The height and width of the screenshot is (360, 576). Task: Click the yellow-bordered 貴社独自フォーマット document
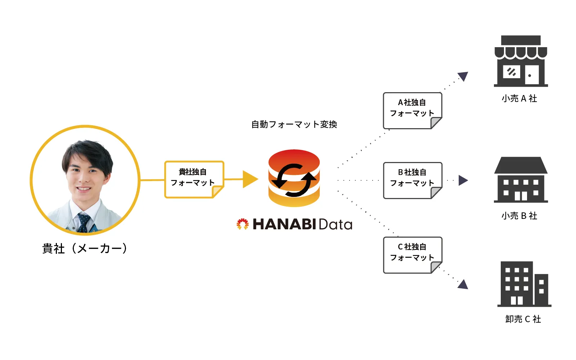(x=194, y=179)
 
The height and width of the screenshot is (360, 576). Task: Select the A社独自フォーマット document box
(x=412, y=110)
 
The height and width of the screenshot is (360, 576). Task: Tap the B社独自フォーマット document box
(x=412, y=180)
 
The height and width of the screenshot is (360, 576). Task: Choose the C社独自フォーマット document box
(x=412, y=254)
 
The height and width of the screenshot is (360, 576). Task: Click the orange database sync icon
(x=294, y=178)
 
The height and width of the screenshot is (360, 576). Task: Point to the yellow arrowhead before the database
(x=250, y=179)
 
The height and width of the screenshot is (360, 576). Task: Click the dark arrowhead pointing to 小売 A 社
(x=463, y=76)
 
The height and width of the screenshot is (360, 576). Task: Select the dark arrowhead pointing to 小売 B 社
(x=463, y=180)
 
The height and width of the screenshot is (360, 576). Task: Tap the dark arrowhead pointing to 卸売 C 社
(x=463, y=284)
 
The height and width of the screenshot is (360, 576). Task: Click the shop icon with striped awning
(x=521, y=61)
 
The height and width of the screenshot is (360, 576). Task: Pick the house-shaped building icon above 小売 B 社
(x=521, y=180)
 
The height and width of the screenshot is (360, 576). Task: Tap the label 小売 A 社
(x=519, y=99)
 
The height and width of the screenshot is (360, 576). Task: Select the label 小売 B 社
(x=519, y=216)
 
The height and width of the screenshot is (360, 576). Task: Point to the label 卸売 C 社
(x=523, y=319)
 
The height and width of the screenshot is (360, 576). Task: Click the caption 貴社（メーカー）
(x=85, y=248)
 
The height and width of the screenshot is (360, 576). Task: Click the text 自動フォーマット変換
(x=294, y=125)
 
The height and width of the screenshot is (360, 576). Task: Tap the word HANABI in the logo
(x=284, y=224)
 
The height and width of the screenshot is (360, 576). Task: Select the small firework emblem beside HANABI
(x=243, y=224)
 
